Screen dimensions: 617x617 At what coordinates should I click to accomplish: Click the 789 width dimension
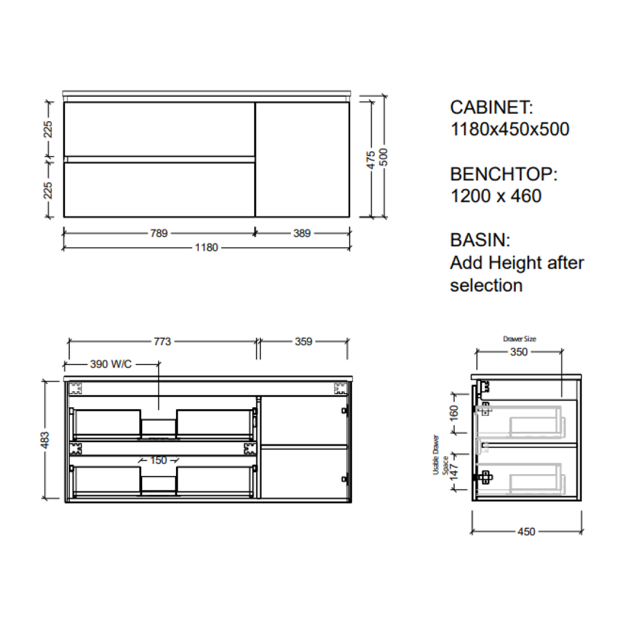[159, 233]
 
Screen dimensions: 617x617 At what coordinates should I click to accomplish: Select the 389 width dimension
[301, 233]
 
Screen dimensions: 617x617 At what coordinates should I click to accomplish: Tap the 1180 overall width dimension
[206, 248]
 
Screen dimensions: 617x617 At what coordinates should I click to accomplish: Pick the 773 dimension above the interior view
[162, 342]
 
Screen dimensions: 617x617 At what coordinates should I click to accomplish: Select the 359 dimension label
[304, 342]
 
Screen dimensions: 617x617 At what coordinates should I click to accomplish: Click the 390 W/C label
[110, 365]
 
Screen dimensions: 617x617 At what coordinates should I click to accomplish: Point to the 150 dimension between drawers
[158, 460]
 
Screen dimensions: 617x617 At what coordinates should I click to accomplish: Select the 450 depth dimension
[526, 531]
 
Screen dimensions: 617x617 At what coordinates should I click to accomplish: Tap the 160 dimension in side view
[454, 413]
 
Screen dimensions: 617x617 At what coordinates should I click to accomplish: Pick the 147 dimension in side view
[454, 474]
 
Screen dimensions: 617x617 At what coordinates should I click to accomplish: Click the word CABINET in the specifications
[491, 108]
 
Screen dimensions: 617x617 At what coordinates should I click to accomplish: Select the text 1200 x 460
[495, 196]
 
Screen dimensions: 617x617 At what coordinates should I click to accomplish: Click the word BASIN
[480, 240]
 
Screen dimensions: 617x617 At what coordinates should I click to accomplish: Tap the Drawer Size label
[519, 339]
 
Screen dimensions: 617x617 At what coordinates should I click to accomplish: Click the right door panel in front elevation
[302, 159]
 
